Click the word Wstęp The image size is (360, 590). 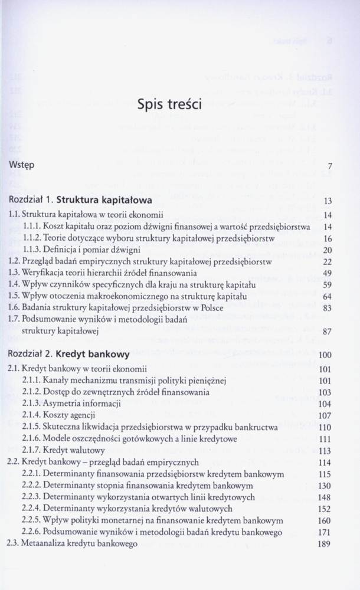(x=22, y=166)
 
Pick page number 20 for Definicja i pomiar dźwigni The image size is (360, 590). (x=328, y=249)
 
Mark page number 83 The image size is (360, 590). (x=328, y=307)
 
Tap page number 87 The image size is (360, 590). (x=328, y=332)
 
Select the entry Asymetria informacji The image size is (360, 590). (x=81, y=404)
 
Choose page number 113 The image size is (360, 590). (x=326, y=451)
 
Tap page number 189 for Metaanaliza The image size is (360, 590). (x=326, y=544)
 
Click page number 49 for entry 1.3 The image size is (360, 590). (x=328, y=273)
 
